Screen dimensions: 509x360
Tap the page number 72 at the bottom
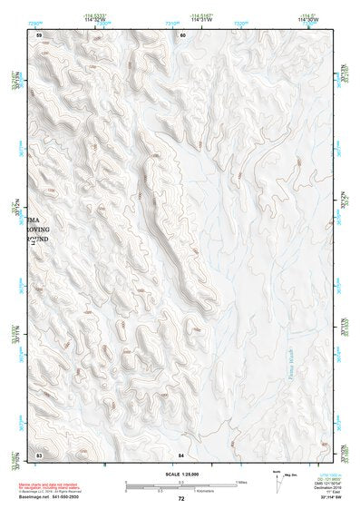(x=181, y=499)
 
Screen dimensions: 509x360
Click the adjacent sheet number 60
(x=182, y=34)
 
